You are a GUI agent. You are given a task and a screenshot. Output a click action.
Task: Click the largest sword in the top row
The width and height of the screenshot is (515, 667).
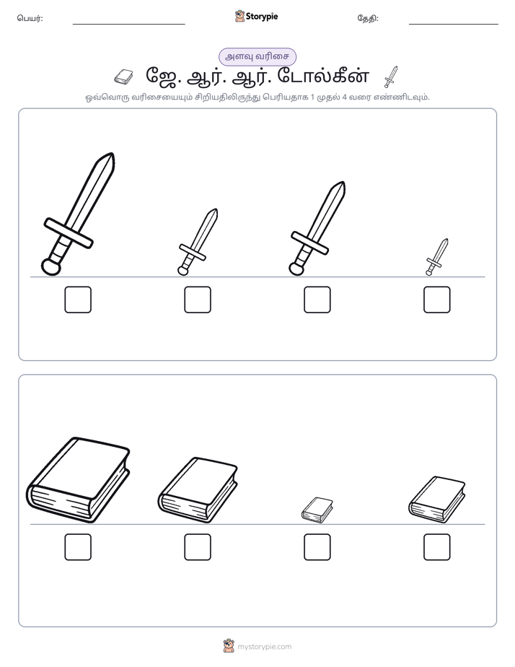click(79, 214)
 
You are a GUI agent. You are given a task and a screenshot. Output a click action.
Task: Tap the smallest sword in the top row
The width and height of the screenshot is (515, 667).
click(437, 257)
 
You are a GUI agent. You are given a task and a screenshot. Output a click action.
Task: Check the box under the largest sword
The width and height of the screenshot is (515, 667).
click(78, 300)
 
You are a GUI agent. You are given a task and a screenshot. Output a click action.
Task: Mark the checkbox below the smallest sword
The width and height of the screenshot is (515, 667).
click(437, 300)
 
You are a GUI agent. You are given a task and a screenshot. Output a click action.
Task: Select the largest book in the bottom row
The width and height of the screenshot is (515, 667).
click(78, 480)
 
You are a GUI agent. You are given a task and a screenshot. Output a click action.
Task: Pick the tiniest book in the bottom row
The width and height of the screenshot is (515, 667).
click(317, 510)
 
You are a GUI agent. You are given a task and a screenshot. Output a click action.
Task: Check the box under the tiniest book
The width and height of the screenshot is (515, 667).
click(317, 547)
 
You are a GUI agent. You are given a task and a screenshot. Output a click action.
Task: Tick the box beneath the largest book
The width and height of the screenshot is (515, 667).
click(78, 547)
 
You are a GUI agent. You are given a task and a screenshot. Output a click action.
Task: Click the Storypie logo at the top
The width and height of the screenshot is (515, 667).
click(256, 17)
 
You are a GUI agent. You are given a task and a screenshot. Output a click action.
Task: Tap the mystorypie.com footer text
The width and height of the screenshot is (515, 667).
click(264, 647)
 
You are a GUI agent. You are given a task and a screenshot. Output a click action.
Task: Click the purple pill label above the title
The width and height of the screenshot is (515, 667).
click(257, 56)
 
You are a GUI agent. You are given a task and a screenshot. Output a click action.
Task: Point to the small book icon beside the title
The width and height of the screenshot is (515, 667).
click(123, 77)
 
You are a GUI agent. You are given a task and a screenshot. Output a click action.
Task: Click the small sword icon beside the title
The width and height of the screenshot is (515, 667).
click(391, 77)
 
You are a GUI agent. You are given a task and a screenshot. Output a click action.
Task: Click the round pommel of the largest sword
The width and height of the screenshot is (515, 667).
click(51, 266)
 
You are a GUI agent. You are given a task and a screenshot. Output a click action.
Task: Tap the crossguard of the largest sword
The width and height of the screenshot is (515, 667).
click(69, 233)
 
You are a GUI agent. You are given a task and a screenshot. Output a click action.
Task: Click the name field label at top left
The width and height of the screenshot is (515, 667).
click(30, 18)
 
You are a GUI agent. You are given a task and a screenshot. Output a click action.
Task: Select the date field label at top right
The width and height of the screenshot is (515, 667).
click(368, 18)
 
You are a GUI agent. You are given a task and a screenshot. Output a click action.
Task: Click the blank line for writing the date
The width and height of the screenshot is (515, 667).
click(454, 25)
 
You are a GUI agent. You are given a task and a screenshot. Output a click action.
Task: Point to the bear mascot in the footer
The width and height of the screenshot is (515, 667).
click(229, 646)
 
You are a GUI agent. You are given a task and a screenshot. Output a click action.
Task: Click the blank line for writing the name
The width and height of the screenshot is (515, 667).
click(128, 25)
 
